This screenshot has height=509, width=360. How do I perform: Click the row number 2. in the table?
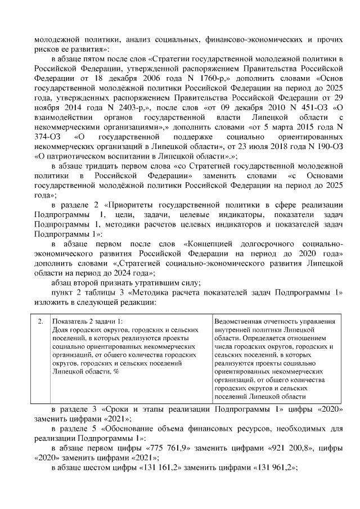click(40, 321)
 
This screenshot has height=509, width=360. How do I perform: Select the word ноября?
click(47, 112)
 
